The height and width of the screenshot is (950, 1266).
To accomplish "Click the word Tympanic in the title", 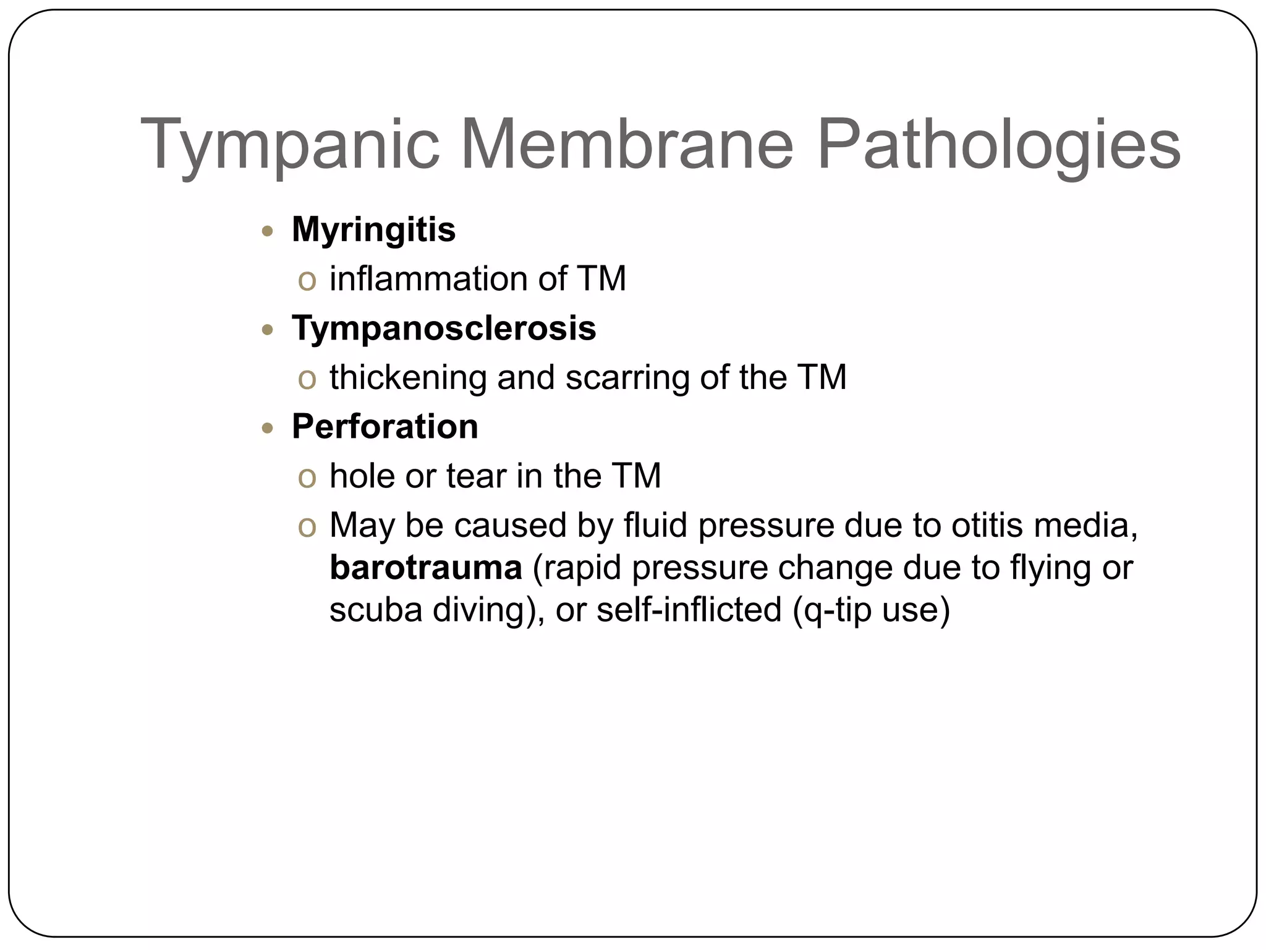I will pos(291,146).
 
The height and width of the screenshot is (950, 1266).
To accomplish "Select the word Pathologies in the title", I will pos(999,146).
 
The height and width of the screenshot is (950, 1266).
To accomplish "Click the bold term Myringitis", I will pos(373,230).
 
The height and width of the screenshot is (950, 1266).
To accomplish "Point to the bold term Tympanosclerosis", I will pos(444,328).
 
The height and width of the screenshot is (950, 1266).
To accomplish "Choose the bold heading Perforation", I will pos(384,427).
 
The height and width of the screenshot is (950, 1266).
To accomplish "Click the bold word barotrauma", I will pos(426,568).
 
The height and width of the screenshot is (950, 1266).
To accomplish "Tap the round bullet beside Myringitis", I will pos(267,232).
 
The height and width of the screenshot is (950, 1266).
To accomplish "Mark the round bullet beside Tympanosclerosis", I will pos(267,330).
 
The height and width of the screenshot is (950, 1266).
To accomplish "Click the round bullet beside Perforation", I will pos(267,428).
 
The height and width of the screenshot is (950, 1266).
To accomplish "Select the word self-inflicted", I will pos(689,610).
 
